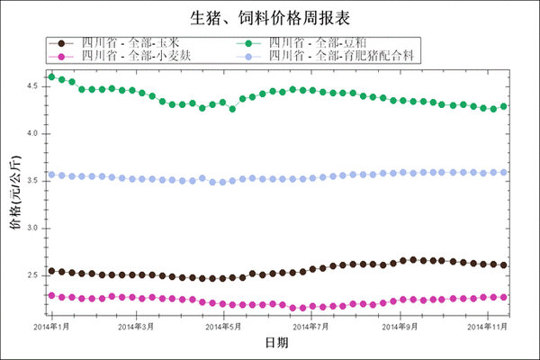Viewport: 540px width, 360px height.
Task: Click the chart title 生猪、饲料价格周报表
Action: pyautogui.click(x=269, y=17)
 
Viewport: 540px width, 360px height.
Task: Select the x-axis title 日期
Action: pyautogui.click(x=276, y=343)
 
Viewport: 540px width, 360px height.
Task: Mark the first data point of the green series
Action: pyautogui.click(x=51, y=76)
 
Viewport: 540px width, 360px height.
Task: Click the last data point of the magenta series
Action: pyautogui.click(x=503, y=297)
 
